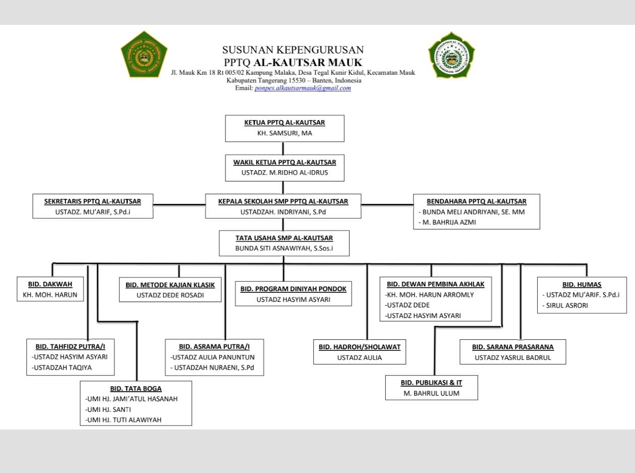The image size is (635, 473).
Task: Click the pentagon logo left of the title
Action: [x=144, y=55]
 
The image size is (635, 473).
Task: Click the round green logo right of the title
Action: [x=451, y=55]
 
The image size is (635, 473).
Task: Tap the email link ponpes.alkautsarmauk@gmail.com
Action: [x=303, y=88]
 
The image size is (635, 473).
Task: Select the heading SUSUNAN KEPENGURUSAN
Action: [x=293, y=50]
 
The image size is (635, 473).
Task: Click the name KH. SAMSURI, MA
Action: [x=284, y=133]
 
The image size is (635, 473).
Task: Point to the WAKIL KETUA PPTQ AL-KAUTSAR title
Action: [x=284, y=162]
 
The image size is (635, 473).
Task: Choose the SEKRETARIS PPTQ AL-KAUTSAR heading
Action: [x=92, y=201]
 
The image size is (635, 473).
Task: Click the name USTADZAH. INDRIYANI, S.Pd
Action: [x=283, y=212]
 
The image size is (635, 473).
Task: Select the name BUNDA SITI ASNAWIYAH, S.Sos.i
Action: [x=284, y=248]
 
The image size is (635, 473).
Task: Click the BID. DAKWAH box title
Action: [x=50, y=284]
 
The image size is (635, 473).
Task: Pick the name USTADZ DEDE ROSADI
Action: [x=170, y=295]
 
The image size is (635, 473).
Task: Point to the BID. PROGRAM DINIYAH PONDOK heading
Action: [x=294, y=289]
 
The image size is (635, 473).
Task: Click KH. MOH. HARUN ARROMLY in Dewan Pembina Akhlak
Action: [x=430, y=294]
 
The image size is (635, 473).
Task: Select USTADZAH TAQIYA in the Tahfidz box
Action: [x=62, y=367]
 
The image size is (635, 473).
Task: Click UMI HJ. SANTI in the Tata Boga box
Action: [x=108, y=409]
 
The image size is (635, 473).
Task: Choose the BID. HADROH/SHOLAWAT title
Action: [x=360, y=347]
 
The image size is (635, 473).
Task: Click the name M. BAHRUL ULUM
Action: [x=431, y=393]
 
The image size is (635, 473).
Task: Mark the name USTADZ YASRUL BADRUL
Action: [x=512, y=357]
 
